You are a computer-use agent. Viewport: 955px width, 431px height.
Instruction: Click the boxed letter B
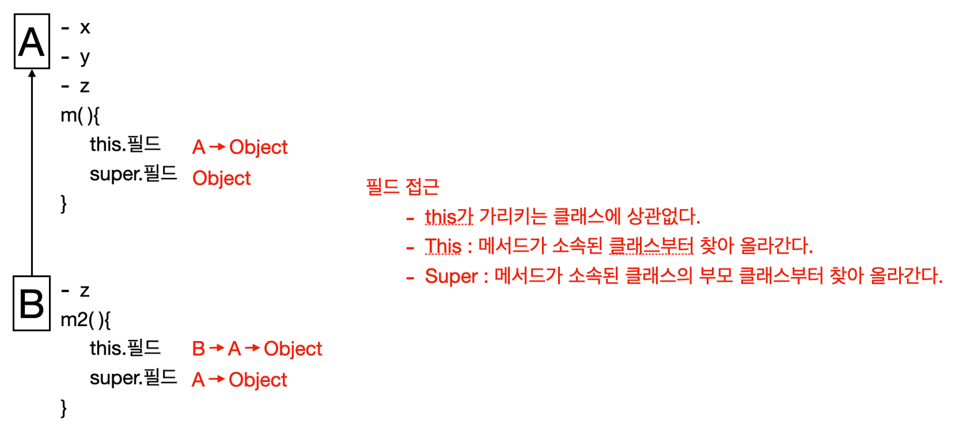pos(32,303)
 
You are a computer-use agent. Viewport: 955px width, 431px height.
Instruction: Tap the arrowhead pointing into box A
pos(32,73)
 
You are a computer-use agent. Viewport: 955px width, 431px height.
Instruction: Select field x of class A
pos(85,28)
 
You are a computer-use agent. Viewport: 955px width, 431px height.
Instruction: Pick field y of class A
pos(86,58)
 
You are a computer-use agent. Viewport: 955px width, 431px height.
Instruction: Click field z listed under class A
pos(85,87)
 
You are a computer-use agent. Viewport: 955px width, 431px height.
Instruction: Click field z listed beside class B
pos(85,291)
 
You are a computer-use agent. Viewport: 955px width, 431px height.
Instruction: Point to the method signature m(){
pos(80,115)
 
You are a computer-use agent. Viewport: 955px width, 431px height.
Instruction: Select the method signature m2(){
pos(86,320)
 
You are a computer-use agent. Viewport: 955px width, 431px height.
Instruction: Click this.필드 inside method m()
pos(125,144)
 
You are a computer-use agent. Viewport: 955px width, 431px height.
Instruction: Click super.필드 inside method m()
pos(133,174)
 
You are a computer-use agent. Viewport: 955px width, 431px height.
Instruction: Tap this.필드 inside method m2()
pos(125,348)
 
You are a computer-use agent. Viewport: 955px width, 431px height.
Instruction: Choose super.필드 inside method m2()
pos(133,378)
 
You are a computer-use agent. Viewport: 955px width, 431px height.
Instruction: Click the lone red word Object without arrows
pos(222,178)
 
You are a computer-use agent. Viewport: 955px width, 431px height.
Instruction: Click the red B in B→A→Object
pos(198,349)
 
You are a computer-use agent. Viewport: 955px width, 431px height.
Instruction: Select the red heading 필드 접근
pos(402,187)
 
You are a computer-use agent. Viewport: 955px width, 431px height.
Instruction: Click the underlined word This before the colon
pos(443,246)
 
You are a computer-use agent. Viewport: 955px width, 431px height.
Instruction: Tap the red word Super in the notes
pos(451,276)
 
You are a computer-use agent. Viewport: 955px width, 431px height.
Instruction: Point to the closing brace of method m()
pos(64,204)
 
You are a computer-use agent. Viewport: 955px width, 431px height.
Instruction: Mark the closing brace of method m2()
pos(64,408)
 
